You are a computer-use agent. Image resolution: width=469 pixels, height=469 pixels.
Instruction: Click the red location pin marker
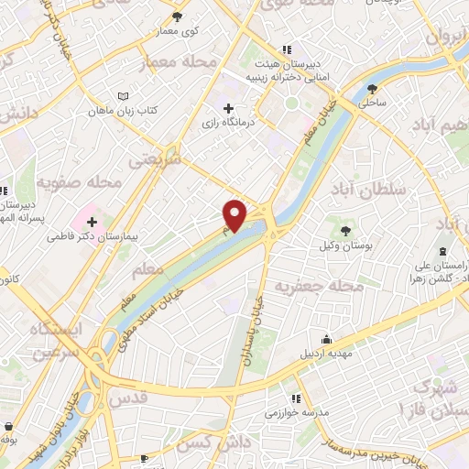point(235,214)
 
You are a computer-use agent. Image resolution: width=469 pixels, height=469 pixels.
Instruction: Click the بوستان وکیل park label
point(346,247)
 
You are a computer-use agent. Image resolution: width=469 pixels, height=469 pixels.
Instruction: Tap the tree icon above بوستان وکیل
point(346,231)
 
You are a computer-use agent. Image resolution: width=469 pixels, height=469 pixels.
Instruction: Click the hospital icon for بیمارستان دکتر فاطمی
point(93,221)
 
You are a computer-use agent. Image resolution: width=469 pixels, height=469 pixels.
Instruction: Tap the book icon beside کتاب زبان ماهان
point(125,95)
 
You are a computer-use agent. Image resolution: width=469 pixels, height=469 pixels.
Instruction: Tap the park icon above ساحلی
point(372,89)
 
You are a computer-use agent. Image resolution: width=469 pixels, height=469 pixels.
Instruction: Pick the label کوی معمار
point(180,30)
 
